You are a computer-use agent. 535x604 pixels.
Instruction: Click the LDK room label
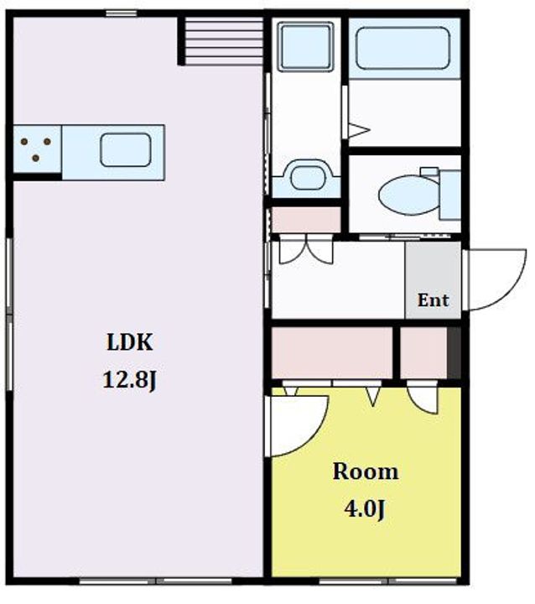point(130,342)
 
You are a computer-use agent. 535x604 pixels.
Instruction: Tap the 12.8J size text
point(129,380)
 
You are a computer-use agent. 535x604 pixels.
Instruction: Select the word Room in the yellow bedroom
point(366,471)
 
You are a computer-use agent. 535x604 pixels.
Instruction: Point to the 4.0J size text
point(365,509)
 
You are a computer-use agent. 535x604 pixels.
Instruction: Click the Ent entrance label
point(434,300)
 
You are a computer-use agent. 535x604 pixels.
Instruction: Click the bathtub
point(403,48)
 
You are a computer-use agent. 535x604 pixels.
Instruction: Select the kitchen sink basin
point(125,150)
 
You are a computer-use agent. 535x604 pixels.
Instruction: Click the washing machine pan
point(306,47)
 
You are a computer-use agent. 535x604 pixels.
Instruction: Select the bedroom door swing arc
point(314,435)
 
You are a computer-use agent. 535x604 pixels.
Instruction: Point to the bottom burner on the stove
point(35,158)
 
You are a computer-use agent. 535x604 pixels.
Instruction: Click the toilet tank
point(449,195)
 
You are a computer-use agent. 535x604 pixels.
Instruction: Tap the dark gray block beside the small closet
point(454,353)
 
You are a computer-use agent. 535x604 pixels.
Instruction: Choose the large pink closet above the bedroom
point(332,353)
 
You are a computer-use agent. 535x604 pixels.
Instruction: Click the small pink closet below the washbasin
point(306,220)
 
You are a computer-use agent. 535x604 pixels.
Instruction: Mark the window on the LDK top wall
point(122,14)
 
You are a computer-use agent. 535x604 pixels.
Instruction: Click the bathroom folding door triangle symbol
point(358,130)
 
